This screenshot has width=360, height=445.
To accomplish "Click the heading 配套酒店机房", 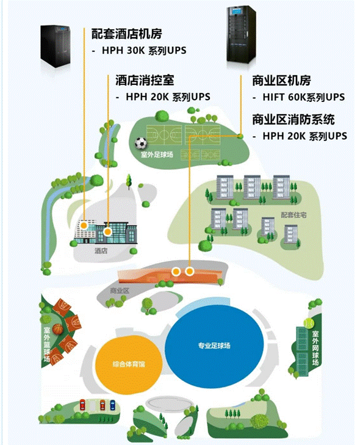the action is coord(126,34).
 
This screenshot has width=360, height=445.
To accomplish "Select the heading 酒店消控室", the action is coord(145,81).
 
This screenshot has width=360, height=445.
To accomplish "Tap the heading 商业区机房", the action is coord(281,81).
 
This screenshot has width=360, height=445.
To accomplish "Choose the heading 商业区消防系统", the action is coord(293,120).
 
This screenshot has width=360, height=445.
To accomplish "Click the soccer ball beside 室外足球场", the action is coord(141,143).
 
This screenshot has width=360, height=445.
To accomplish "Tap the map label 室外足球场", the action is coord(157,155).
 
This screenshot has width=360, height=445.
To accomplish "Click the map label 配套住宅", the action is coord(293,215).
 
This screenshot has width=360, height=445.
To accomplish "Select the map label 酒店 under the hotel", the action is coord(101,251).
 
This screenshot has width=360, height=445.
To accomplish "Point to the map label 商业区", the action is coord(120,291).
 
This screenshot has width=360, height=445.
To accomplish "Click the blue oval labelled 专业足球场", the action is coord(214,346).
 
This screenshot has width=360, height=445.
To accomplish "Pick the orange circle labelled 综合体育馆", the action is coord(129,364).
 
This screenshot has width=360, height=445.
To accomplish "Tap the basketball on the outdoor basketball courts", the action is coord(58,329).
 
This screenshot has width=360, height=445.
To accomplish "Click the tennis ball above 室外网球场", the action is coord(309,323).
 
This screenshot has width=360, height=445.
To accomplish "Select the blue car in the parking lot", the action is coord(113,405).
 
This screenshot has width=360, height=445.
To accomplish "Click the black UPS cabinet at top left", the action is coord(56,46).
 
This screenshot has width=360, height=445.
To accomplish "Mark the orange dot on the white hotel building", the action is coord(84,226).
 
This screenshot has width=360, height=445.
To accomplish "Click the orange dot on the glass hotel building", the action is coord(107,232).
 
